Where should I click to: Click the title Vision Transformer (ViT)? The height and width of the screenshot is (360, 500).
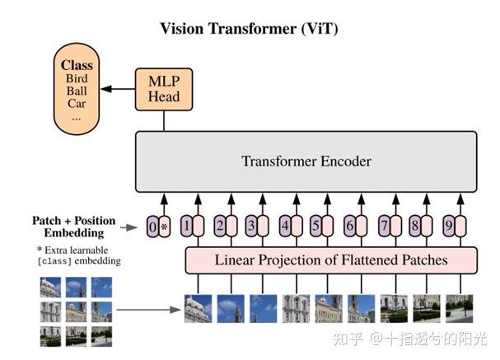249,29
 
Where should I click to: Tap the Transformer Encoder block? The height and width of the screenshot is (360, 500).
306,161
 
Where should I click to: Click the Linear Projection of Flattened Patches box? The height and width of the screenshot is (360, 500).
331,259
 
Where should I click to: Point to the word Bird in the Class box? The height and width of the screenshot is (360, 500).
77,78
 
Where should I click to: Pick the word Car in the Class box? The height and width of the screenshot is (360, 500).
77,104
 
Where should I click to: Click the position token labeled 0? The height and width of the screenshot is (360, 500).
152,226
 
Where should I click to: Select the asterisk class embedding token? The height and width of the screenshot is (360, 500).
164,226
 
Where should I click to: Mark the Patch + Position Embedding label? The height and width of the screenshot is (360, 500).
74,227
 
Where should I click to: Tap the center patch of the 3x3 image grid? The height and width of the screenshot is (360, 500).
75,311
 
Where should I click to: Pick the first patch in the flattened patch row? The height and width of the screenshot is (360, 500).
198,307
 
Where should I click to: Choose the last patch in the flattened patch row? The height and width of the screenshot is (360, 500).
459,307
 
